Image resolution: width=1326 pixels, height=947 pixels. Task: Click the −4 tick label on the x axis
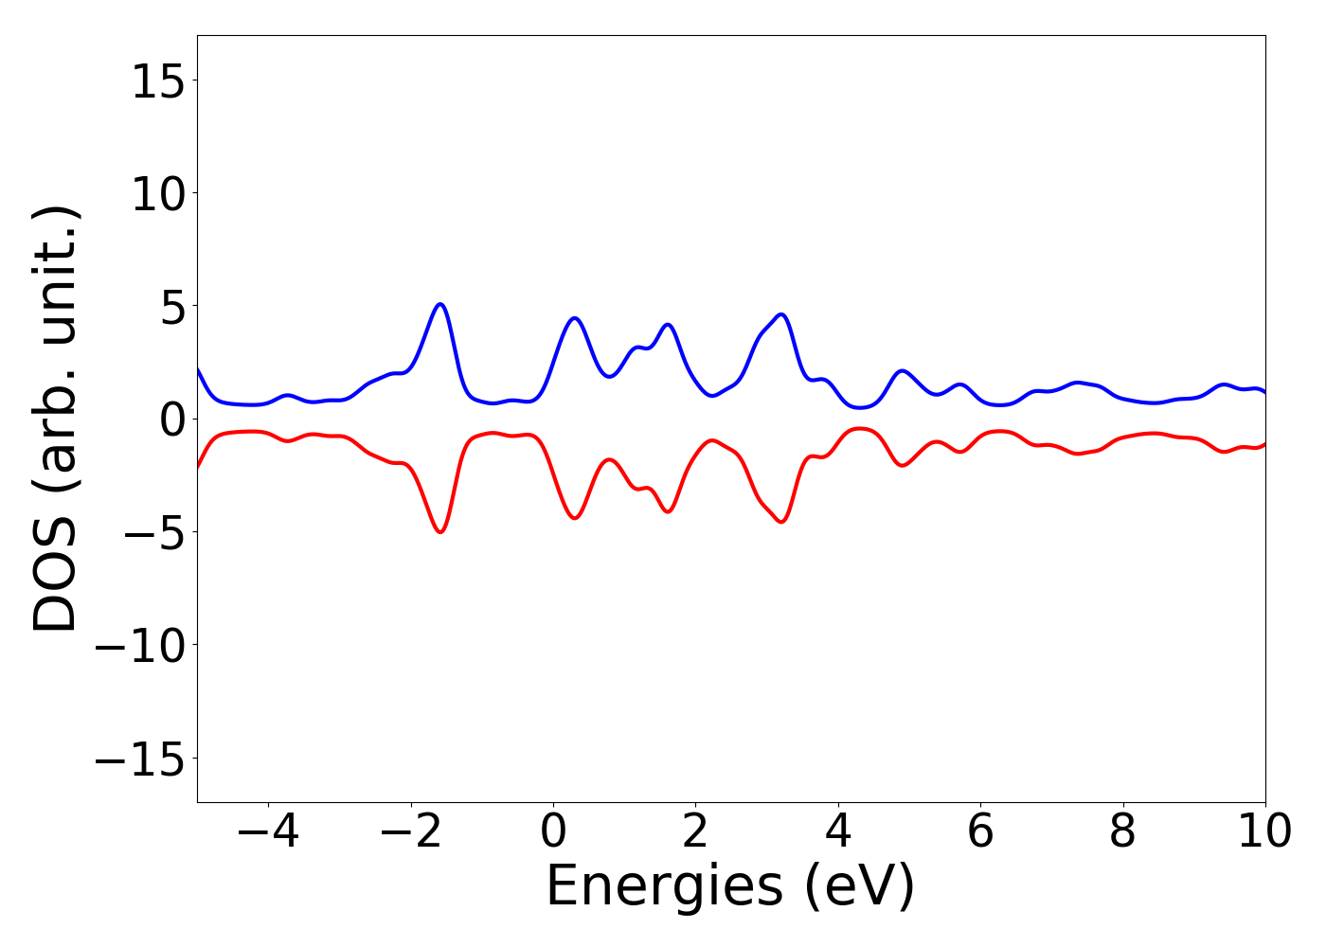pos(268,831)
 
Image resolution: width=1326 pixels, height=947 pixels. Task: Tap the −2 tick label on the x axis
pos(411,831)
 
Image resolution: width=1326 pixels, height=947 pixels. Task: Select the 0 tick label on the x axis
pos(553,831)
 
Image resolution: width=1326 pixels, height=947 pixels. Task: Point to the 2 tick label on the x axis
pos(695,831)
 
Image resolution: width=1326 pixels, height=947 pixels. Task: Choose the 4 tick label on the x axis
pos(838,831)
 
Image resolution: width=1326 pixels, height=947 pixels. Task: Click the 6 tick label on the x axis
pos(980,831)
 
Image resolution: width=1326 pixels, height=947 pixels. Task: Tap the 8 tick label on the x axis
pos(1122,831)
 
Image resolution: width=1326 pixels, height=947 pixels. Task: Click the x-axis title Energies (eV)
pos(730,887)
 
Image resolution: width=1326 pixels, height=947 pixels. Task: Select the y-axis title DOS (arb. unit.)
pos(57,419)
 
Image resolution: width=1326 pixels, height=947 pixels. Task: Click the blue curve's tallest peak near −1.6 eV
pos(440,304)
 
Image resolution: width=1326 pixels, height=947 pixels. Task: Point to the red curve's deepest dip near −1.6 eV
pos(440,532)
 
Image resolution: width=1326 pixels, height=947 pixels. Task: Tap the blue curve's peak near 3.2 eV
pos(781,314)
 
